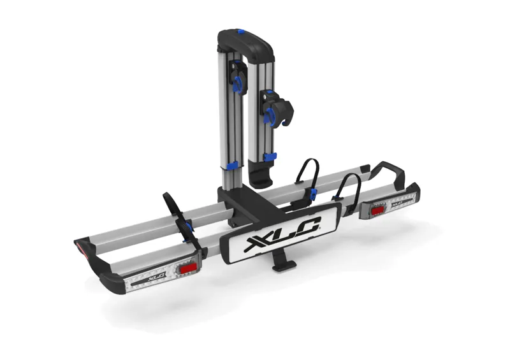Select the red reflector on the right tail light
pyautogui.click(x=377, y=208)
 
